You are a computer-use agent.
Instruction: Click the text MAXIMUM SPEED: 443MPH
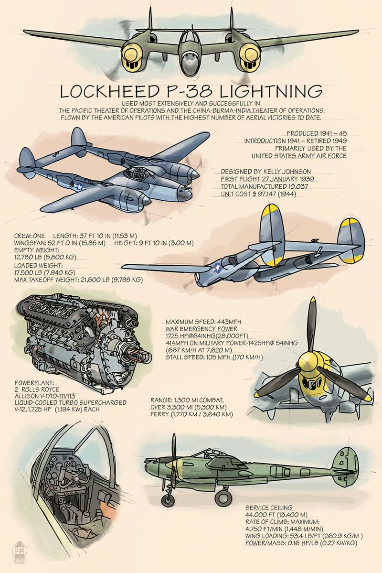point(204,322)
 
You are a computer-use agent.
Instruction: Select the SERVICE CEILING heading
point(269,507)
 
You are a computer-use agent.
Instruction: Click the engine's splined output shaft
point(138,356)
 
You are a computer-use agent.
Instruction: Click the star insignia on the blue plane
point(78,187)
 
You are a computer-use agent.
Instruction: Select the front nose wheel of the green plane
point(168,500)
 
